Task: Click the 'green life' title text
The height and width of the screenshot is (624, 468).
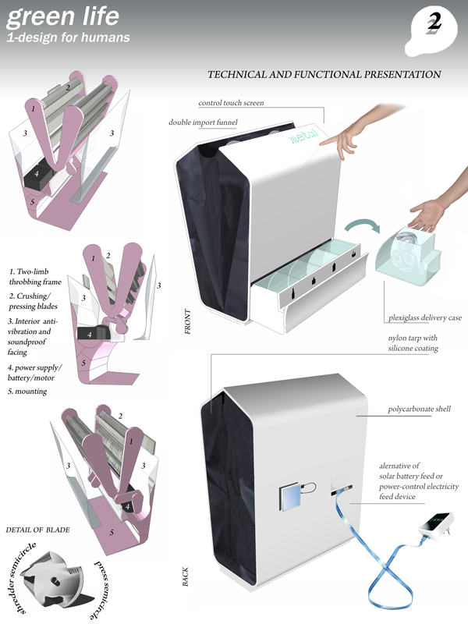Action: [53, 15]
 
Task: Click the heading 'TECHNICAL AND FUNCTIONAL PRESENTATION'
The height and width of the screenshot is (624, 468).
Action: [324, 75]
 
